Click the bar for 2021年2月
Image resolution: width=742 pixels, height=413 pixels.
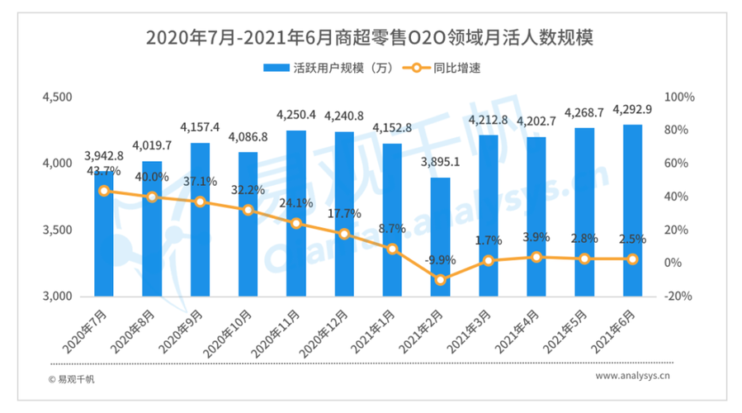coord(441,240)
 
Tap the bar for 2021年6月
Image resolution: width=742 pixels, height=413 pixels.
coord(632,211)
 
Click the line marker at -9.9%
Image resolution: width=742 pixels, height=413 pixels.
coord(441,280)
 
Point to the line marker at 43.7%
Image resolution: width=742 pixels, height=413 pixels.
coord(103,191)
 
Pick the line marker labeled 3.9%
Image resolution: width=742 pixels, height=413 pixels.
coord(537,257)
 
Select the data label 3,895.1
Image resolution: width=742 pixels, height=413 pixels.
coord(441,162)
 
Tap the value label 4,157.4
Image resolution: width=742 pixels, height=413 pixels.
coord(200,127)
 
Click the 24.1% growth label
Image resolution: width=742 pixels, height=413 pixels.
coord(295,203)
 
